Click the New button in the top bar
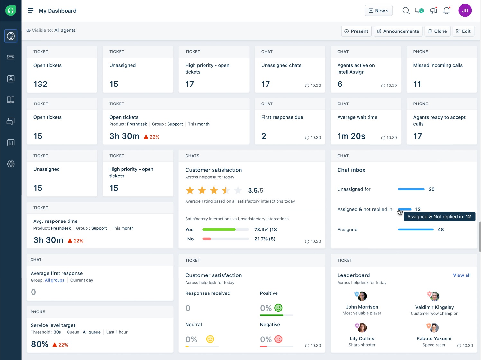378,11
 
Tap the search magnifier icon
406,11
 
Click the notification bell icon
447,11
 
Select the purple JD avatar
465,11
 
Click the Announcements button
398,31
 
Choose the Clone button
437,31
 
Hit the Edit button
463,31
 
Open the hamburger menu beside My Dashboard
31,11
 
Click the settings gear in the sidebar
11,164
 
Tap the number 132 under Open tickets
41,84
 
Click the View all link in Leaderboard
462,275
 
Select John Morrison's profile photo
362,296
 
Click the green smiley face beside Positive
278,308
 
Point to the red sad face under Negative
278,339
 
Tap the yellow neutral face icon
210,339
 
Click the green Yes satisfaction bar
219,230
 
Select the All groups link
55,280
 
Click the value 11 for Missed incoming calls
417,84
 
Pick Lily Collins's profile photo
362,328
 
